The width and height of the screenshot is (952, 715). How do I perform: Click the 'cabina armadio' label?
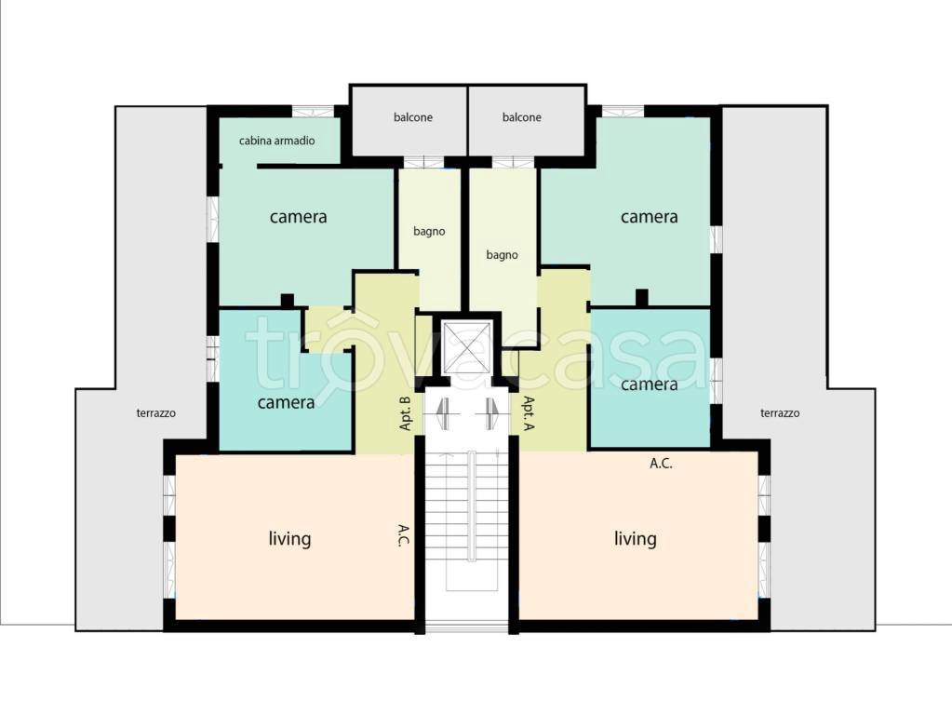click(x=277, y=141)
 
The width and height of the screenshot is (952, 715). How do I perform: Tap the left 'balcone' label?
click(x=413, y=117)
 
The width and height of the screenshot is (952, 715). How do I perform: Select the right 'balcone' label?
click(x=521, y=117)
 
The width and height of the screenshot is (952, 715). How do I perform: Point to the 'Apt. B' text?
click(x=406, y=413)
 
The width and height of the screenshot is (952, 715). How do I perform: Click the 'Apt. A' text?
click(x=529, y=413)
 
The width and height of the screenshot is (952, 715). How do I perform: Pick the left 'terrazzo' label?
click(x=156, y=413)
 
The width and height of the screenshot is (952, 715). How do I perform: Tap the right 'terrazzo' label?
click(x=780, y=413)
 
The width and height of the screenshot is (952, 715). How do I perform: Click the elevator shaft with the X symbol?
click(x=466, y=347)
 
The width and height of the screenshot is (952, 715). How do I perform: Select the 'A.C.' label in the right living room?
click(x=661, y=464)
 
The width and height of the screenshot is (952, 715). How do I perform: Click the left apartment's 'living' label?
click(x=289, y=539)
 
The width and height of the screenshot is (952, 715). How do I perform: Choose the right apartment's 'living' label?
click(x=635, y=539)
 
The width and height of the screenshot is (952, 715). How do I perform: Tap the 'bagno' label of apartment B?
click(x=429, y=232)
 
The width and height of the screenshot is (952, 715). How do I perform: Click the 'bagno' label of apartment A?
click(x=503, y=255)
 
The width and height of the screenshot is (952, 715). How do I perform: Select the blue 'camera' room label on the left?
click(x=286, y=403)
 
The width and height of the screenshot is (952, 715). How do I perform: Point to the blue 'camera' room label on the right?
click(x=649, y=384)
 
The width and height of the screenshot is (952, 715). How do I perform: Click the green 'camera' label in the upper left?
click(x=298, y=217)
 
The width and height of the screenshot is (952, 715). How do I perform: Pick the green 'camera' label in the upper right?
click(x=649, y=217)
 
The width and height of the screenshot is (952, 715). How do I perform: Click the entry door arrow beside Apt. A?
click(x=489, y=413)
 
